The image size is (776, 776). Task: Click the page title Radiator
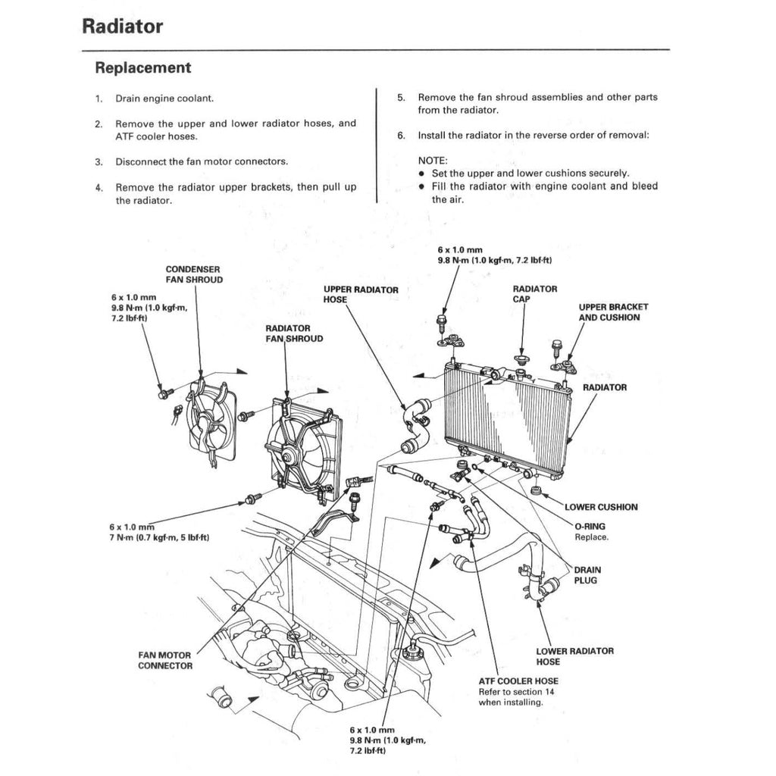click(122, 27)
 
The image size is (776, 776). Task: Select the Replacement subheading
click(142, 67)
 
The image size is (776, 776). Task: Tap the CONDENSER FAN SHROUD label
click(194, 274)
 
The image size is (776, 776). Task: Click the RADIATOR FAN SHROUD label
click(294, 333)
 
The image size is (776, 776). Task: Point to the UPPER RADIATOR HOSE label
click(361, 295)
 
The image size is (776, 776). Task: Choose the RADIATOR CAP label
click(534, 294)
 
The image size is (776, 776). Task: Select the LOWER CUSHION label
click(601, 507)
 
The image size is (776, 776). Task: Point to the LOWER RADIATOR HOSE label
click(574, 656)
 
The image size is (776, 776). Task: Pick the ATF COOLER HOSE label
click(518, 681)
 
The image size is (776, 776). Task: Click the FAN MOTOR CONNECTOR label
click(164, 660)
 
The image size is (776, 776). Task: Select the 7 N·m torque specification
click(159, 537)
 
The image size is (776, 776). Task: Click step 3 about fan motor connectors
click(201, 161)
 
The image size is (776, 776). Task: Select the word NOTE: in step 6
click(433, 161)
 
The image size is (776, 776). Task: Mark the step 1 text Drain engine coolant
click(164, 99)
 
